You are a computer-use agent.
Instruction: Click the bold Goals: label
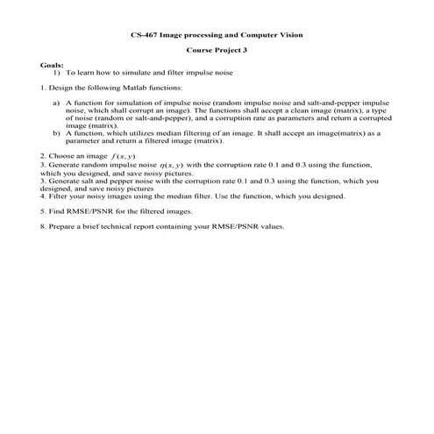[x=52, y=65]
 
